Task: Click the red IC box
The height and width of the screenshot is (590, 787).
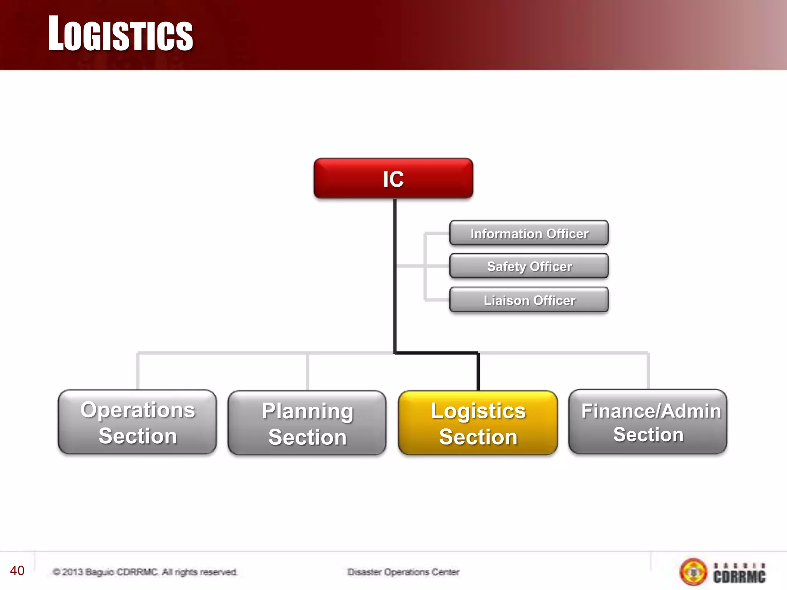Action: click(393, 179)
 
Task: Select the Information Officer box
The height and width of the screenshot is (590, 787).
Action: click(529, 233)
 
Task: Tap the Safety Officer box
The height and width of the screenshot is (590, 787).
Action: click(529, 266)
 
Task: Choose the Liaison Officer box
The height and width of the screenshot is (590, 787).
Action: click(529, 300)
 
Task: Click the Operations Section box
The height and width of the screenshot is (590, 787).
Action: click(137, 422)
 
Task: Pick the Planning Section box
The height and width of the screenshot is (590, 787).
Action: click(307, 423)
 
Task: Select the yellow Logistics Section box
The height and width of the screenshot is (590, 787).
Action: click(478, 423)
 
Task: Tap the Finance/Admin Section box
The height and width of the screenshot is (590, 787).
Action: click(648, 422)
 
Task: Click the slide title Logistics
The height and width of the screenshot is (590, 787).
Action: click(120, 34)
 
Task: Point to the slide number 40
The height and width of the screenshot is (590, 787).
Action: click(17, 570)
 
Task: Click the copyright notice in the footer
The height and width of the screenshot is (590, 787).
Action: click(145, 572)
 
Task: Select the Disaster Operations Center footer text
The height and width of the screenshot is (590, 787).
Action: click(403, 572)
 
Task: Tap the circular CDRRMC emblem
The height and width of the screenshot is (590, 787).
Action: click(693, 572)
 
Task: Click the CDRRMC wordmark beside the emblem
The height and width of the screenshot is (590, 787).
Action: click(739, 573)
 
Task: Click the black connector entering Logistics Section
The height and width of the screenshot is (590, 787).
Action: click(478, 371)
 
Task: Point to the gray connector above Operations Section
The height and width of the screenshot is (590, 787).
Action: click(138, 371)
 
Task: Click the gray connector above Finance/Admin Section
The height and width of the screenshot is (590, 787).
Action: click(648, 371)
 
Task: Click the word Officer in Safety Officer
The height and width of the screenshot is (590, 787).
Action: click(551, 266)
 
